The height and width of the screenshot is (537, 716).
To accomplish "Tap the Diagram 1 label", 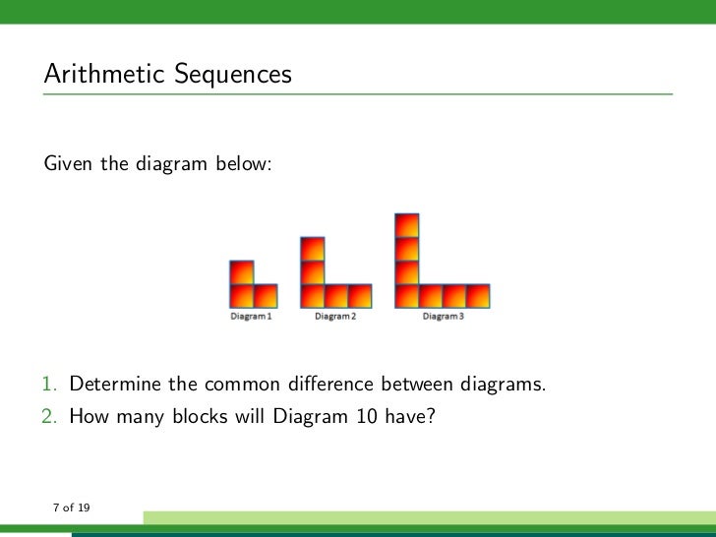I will [252, 317].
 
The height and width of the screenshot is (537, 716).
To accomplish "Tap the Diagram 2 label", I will [335, 317].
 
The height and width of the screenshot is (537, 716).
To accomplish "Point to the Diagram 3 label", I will [443, 317].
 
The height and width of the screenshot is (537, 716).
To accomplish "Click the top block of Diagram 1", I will [241, 271].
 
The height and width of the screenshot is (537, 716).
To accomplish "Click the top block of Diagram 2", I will [313, 248].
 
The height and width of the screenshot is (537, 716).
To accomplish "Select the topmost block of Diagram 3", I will [406, 224].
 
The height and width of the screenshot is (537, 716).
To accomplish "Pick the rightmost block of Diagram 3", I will [478, 296].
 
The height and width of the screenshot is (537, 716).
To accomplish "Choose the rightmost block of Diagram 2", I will [361, 296].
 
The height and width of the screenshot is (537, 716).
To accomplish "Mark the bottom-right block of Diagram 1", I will [266, 296].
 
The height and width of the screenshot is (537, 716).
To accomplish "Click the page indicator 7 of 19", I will [71, 507].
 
